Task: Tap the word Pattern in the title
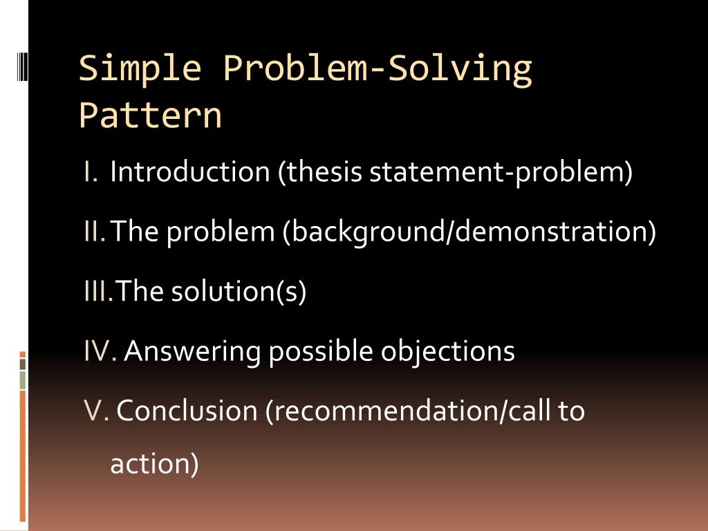150,115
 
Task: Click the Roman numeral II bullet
95,232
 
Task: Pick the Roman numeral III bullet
97,292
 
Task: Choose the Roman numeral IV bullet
100,352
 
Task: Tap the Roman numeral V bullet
95,411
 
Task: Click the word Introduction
189,172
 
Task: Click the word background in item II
368,232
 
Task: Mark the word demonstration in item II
552,232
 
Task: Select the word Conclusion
186,411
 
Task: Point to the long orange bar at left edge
23,456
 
